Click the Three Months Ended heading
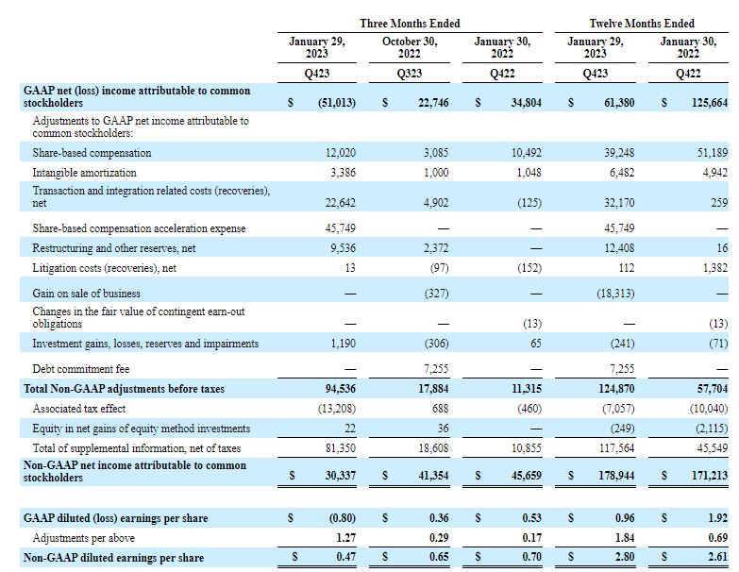pos(410,24)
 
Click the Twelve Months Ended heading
pos(642,24)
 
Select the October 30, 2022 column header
pos(409,47)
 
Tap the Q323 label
pos(409,74)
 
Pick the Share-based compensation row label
pos(92,153)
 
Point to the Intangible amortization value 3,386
pos(344,173)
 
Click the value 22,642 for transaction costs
pos(341,203)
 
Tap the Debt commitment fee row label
pos(80,369)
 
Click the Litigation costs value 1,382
pos(715,268)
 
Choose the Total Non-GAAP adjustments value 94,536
pos(341,389)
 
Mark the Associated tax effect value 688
pos(440,409)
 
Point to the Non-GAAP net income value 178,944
pos(616,476)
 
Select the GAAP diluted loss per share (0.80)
pos(343,518)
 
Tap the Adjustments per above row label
pos(83,538)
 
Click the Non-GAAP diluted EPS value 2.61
pos(718,557)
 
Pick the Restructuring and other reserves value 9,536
pos(344,248)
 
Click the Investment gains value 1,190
pos(344,344)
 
